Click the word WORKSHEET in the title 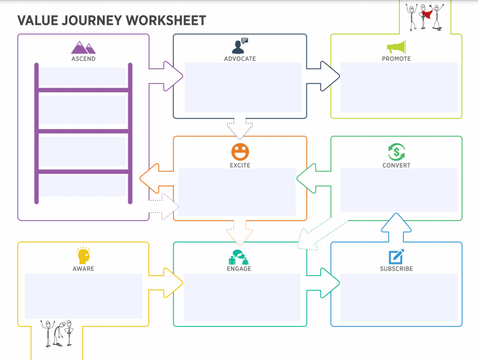pos(166,21)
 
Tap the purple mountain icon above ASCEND pos(83,47)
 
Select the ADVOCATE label pos(240,59)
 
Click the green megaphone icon pos(397,47)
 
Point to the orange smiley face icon pos(240,152)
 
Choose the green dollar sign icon pos(397,152)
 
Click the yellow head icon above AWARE pos(83,255)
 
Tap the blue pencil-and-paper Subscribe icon pos(397,257)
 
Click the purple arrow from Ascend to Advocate pos(166,76)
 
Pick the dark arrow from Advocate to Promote pos(323,76)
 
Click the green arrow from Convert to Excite pos(314,179)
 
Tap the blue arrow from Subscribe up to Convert pos(397,227)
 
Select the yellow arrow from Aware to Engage pos(166,283)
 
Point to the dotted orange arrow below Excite pos(240,232)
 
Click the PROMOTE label pos(397,59)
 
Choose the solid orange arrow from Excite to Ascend pos(157,179)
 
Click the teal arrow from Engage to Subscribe pos(323,283)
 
